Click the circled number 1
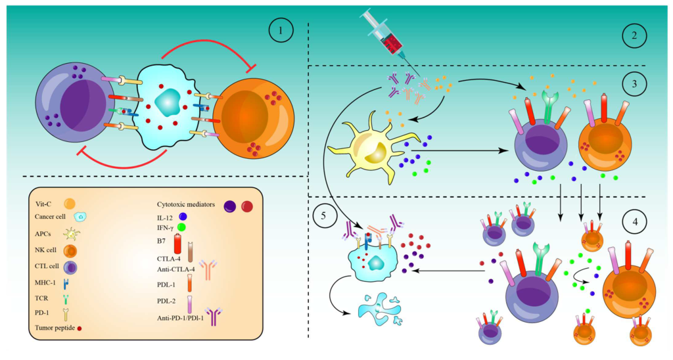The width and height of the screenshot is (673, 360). pyautogui.click(x=281, y=30)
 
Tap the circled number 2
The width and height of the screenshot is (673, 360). pyautogui.click(x=634, y=36)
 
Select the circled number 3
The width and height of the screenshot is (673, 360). pyautogui.click(x=634, y=84)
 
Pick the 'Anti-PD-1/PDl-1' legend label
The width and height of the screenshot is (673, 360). pyautogui.click(x=181, y=319)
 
